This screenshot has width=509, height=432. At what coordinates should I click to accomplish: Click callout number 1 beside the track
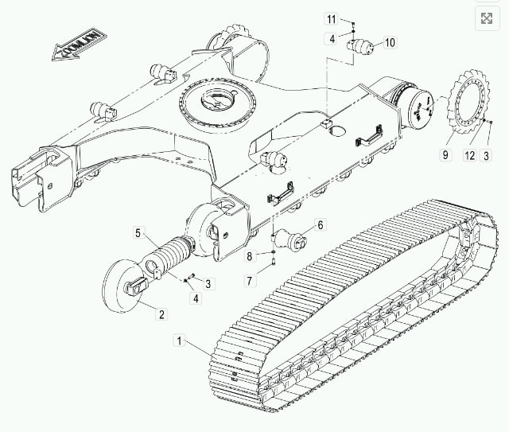pos(179,341)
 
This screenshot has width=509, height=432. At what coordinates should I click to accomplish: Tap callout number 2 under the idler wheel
pos(161,313)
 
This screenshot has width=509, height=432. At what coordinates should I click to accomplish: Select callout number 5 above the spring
pos(138,233)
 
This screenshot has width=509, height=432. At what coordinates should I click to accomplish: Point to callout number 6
pos(320,225)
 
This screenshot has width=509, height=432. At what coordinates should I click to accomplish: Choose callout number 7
pos(249,281)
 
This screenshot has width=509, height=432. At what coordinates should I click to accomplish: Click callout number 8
pos(249,256)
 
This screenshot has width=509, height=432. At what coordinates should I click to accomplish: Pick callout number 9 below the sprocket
pos(445,154)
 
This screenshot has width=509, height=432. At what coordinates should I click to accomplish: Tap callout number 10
pos(390,42)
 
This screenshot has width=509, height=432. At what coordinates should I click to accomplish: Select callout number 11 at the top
pos(331,19)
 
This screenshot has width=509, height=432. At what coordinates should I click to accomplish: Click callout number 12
pos(469,156)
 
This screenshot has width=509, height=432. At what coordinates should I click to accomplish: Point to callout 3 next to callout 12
pos(486,156)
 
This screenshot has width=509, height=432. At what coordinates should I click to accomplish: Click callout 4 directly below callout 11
pos(332,39)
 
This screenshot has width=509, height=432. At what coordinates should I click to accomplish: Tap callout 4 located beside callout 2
pos(196,298)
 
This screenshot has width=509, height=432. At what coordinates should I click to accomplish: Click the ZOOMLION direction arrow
pos(80,45)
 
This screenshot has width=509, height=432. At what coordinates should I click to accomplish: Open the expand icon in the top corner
pos(487,18)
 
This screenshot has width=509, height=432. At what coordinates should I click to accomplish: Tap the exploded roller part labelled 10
pos(360,47)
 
